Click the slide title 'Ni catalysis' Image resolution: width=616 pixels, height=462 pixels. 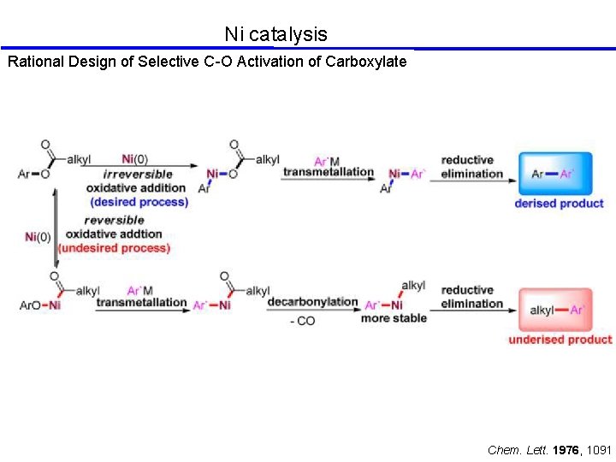click(x=275, y=34)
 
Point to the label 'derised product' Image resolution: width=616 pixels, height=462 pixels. click(x=559, y=204)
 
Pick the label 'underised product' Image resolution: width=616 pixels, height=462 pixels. click(x=560, y=340)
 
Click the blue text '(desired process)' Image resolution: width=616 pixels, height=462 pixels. click(x=139, y=202)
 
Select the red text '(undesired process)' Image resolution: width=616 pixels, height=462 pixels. click(x=114, y=248)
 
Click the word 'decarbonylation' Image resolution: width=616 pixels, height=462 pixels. click(x=312, y=302)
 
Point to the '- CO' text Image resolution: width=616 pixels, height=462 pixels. click(x=302, y=321)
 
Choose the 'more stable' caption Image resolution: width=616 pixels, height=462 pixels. click(x=394, y=318)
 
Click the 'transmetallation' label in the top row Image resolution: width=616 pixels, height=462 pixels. click(x=329, y=172)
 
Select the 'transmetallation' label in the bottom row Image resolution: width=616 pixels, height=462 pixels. click(x=141, y=302)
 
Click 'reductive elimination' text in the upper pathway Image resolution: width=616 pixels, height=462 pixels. click(x=471, y=167)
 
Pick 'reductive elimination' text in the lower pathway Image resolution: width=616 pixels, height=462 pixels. click(x=471, y=297)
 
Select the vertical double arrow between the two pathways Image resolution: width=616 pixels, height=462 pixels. click(x=56, y=227)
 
